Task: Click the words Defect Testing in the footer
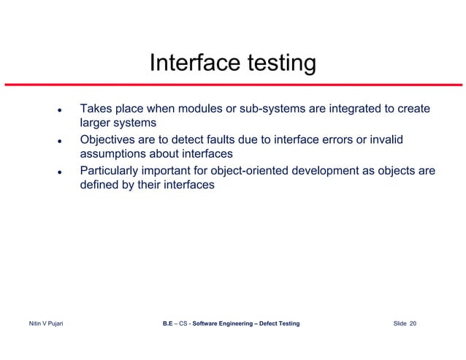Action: click(x=276, y=323)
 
